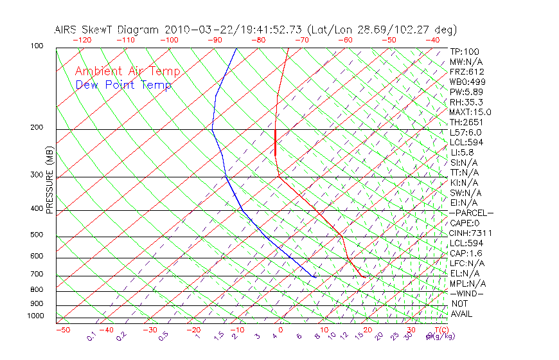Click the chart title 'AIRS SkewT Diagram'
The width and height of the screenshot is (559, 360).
point(107,30)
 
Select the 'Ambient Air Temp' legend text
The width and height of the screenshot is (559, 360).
point(127,72)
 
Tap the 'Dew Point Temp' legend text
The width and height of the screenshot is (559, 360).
point(123,85)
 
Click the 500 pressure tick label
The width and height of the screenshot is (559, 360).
point(36,235)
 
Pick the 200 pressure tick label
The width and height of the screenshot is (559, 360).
point(36,128)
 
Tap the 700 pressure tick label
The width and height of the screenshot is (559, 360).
point(36,274)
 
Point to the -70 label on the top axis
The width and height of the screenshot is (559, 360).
point(301,40)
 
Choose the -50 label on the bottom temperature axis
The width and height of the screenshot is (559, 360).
point(62,330)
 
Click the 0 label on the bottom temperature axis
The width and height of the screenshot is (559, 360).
point(281,330)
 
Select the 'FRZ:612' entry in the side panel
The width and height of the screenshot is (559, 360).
point(467,72)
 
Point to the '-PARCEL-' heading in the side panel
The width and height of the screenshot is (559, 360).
point(472,213)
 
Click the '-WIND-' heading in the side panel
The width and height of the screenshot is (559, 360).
point(467,294)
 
